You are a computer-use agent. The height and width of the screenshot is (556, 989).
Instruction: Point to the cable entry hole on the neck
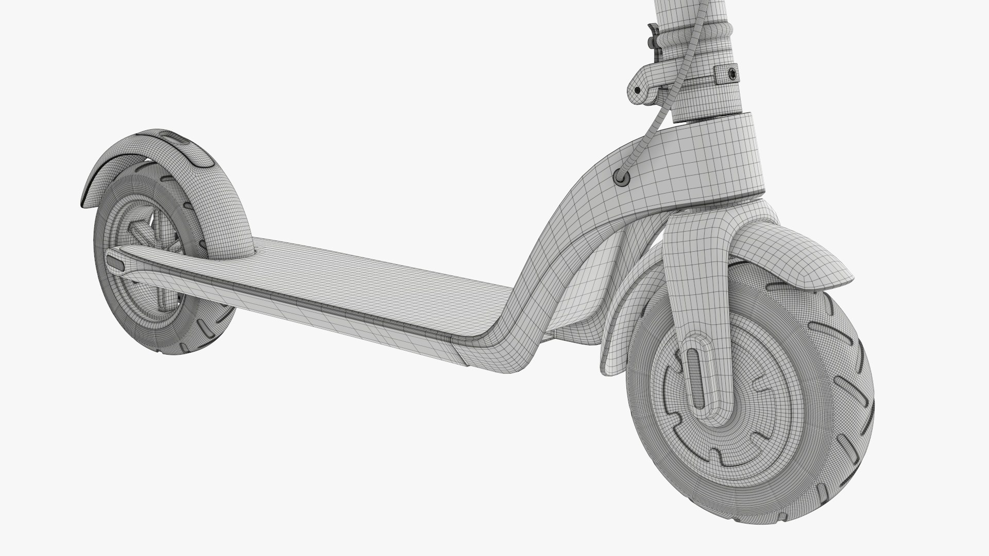[622, 177]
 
